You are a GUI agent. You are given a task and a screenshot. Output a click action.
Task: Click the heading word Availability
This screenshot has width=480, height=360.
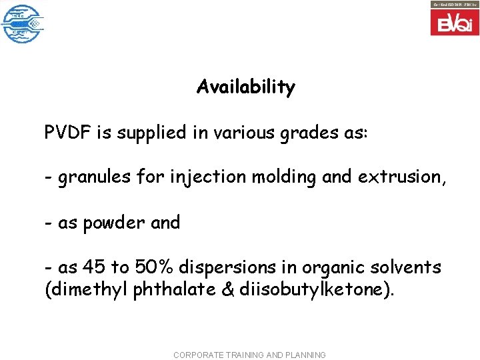pyautogui.click(x=245, y=87)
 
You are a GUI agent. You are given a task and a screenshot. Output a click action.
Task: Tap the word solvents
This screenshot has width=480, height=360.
pyautogui.click(x=408, y=268)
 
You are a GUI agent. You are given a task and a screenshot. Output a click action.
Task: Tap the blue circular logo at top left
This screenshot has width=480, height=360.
pyautogui.click(x=22, y=23)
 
